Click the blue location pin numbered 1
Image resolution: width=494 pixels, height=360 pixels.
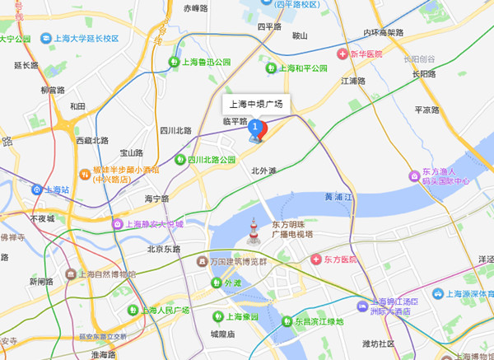coord(255,129)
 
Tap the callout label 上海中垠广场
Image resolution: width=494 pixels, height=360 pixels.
coord(255,105)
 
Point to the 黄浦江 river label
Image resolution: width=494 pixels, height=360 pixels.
coord(339,197)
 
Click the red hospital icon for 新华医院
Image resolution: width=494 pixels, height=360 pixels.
coord(342,54)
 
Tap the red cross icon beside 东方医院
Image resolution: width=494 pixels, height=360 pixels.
coord(315,259)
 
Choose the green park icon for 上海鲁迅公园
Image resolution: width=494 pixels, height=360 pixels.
coord(175,62)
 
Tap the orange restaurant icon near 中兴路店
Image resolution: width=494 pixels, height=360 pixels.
coord(85,174)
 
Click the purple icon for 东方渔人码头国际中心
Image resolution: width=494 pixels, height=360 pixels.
coord(415,175)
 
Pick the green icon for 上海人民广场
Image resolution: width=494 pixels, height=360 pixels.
coord(132,310)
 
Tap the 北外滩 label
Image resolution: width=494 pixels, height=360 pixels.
coord(263,171)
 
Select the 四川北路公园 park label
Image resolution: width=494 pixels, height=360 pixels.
coord(212,159)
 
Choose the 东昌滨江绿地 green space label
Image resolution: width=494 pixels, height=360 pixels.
coord(318,321)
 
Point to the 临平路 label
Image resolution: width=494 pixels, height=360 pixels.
coord(235,121)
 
